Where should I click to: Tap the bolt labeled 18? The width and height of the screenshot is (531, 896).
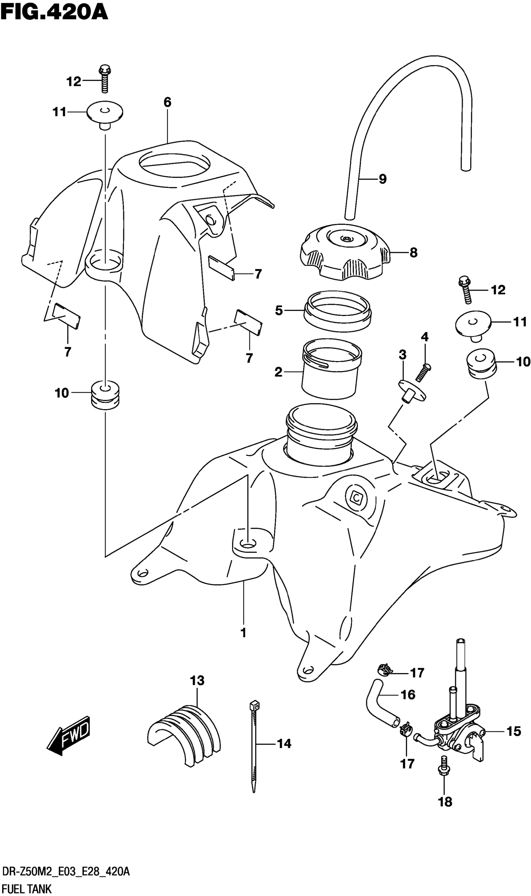pyautogui.click(x=444, y=770)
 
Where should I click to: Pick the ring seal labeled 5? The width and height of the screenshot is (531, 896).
pyautogui.click(x=337, y=310)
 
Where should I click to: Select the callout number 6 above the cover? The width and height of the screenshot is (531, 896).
pyautogui.click(x=167, y=103)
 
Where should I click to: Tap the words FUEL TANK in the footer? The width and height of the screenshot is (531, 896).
pyautogui.click(x=27, y=886)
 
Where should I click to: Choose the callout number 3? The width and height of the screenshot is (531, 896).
pyautogui.click(x=403, y=355)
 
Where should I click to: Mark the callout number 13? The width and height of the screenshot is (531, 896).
pyautogui.click(x=197, y=680)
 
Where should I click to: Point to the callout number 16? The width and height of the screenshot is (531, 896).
pyautogui.click(x=408, y=695)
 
